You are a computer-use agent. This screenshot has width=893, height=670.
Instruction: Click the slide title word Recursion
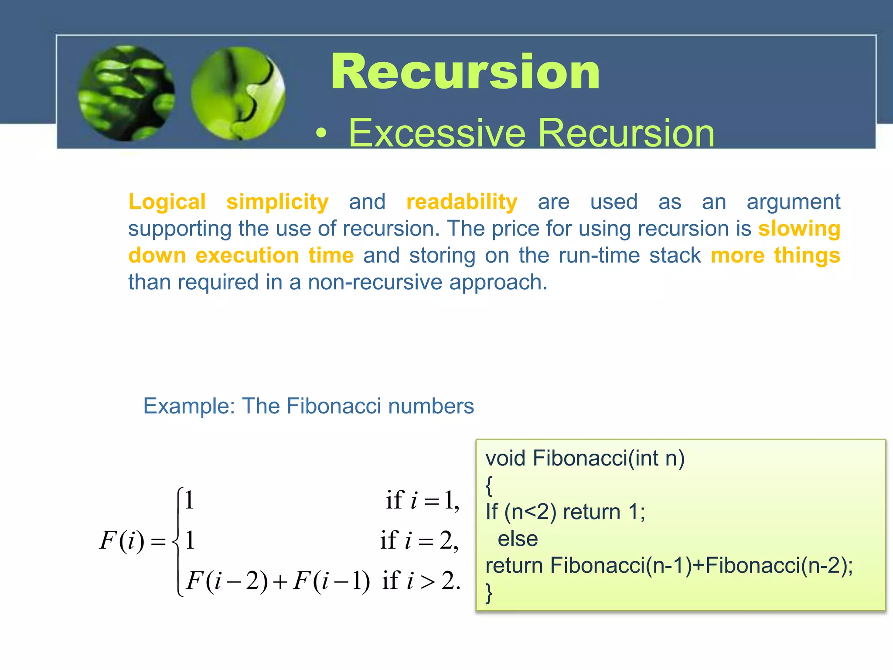tap(465, 72)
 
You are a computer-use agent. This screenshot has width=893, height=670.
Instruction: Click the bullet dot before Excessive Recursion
tap(321, 134)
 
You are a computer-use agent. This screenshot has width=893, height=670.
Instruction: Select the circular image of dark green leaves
tap(126, 93)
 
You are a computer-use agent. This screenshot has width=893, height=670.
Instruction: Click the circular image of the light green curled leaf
tap(238, 93)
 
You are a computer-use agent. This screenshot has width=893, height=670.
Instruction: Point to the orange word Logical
tap(167, 202)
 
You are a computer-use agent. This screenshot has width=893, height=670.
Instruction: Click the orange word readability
tap(462, 202)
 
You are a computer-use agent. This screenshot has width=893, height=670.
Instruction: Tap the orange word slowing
tap(799, 229)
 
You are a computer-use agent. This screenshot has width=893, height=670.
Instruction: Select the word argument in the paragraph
tap(793, 202)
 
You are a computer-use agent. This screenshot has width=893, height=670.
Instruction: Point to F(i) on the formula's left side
tap(122, 541)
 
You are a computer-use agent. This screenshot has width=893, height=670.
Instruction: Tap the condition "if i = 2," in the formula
tap(419, 541)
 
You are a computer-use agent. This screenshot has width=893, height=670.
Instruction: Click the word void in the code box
tap(505, 458)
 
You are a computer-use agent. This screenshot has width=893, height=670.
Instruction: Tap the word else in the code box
tap(518, 539)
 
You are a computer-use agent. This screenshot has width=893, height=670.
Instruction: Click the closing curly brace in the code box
tap(489, 593)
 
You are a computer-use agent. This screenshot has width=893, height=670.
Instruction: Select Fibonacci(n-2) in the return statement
tap(777, 566)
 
